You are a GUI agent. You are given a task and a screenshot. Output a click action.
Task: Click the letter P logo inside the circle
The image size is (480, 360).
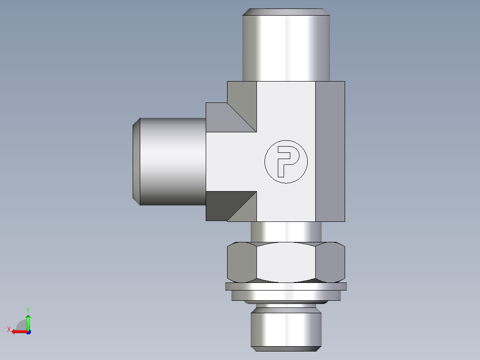point(285,161)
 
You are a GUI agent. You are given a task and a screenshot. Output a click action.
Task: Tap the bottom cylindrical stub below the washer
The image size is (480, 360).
point(285,330)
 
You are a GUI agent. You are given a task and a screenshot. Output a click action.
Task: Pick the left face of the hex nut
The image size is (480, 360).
point(242,262)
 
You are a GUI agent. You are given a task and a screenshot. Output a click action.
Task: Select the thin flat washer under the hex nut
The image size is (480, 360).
point(286,286)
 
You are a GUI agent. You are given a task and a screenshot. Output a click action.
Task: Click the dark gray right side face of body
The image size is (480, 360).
point(330,151)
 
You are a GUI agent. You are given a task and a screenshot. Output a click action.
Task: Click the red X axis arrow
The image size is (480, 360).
point(18,331)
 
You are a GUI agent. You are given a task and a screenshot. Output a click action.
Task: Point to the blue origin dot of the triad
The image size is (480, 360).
point(28,331)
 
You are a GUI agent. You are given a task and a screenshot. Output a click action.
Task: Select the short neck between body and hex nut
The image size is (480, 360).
point(286,232)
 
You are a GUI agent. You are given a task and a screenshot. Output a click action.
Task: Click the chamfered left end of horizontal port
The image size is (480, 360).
point(137,161)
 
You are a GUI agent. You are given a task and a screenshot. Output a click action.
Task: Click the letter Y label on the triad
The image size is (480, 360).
point(28,309)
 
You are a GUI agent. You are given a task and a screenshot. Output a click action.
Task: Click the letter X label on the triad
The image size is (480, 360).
point(8,329)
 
